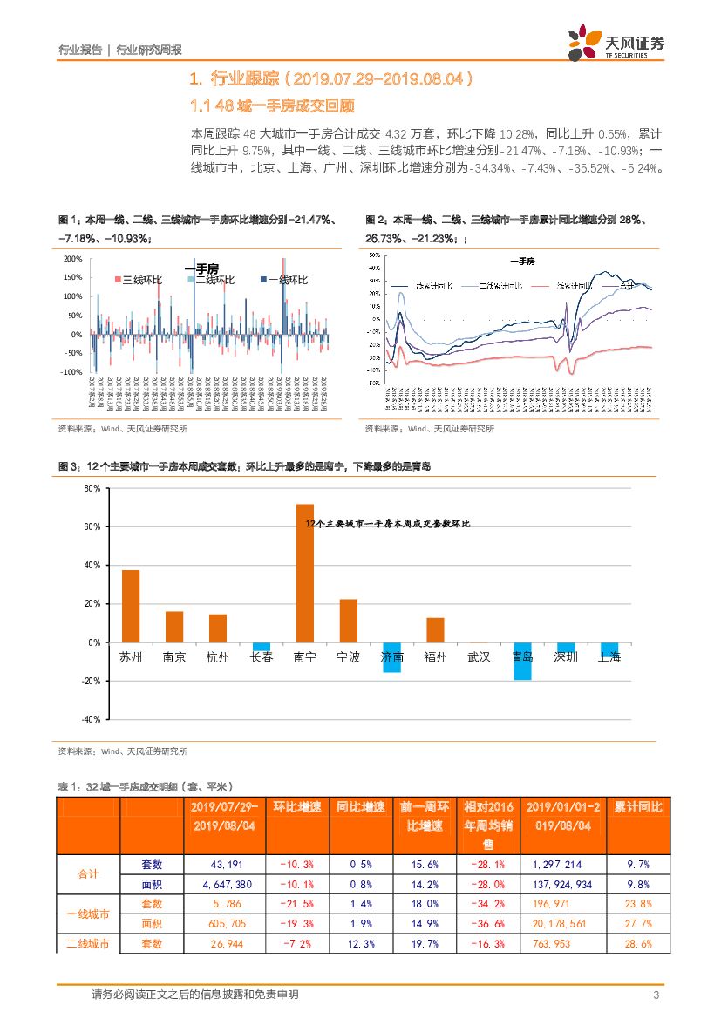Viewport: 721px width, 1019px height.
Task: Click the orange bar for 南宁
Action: point(305,573)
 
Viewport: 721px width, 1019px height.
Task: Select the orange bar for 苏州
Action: point(131,606)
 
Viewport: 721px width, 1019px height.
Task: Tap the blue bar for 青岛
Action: point(522,661)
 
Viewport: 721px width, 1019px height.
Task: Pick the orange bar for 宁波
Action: point(349,621)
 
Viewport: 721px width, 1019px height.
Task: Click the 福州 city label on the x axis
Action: point(435,657)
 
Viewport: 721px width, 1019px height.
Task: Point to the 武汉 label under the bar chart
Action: point(479,657)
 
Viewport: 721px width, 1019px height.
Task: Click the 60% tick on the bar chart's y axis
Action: point(92,527)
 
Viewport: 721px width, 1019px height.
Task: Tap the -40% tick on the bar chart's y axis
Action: point(91,719)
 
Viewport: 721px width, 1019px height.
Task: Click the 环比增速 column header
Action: point(298,807)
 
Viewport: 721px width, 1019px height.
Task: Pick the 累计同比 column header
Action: point(638,807)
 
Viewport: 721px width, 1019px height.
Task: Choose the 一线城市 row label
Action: point(88,914)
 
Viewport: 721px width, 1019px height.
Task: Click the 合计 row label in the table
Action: point(88,873)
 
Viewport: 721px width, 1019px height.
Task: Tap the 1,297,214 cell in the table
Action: point(557,865)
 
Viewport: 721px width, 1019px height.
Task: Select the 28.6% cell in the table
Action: point(638,944)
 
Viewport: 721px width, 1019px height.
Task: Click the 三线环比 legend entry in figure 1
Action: point(139,280)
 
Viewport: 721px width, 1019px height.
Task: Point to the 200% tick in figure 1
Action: point(73,260)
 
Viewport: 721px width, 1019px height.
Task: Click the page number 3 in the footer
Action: point(656,995)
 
